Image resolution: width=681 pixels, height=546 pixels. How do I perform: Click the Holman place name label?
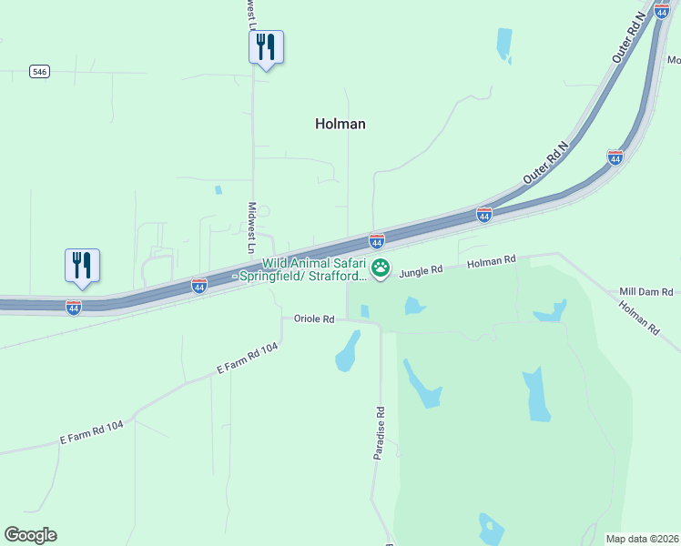click(340, 124)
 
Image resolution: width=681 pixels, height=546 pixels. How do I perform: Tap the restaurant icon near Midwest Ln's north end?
click(266, 46)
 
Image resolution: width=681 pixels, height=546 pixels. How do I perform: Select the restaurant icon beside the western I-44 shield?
click(82, 265)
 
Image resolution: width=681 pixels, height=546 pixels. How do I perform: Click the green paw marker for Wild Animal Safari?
click(381, 269)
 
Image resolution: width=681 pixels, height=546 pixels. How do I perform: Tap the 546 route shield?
click(38, 71)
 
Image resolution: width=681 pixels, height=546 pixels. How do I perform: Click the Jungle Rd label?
click(421, 270)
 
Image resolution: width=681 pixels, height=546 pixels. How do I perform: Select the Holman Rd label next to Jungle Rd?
click(492, 261)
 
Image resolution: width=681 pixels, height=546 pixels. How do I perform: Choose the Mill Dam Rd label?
click(645, 291)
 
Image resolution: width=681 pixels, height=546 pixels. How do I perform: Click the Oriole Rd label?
click(315, 319)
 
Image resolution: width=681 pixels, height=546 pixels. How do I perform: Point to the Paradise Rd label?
click(381, 432)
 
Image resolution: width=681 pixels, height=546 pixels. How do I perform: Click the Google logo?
click(30, 535)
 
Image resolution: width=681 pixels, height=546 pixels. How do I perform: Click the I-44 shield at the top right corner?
click(662, 11)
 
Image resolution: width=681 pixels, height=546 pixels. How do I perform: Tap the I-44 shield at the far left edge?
click(74, 308)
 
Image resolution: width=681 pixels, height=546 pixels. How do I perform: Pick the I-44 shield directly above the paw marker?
click(377, 241)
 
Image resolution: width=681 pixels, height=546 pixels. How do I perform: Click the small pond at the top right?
click(503, 44)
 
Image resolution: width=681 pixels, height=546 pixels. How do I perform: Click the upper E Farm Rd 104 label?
click(247, 359)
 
